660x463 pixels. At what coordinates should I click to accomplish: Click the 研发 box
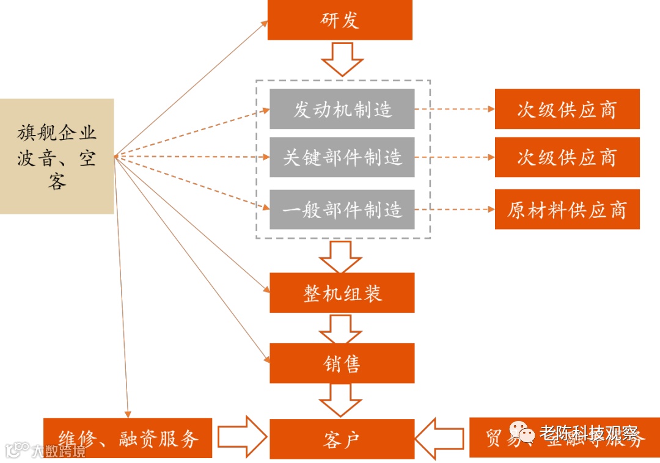[340, 20]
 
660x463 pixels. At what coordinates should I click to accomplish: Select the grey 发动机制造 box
[342, 109]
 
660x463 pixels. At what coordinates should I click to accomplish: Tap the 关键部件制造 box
[342, 157]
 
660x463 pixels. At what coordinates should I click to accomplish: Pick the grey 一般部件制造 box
[342, 210]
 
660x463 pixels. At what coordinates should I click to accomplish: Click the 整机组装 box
[342, 293]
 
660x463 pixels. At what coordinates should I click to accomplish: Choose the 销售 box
[342, 363]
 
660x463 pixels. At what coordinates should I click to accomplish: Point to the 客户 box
[342, 439]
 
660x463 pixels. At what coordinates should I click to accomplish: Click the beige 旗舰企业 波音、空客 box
[57, 156]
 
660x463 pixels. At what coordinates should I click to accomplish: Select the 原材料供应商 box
[566, 210]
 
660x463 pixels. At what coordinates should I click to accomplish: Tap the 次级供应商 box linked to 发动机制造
[566, 109]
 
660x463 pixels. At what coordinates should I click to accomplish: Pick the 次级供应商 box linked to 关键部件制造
[566, 157]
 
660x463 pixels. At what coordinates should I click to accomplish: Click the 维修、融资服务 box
[128, 438]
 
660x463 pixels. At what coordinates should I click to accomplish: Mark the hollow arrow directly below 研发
[342, 59]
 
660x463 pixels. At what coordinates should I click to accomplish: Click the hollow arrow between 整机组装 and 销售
[341, 329]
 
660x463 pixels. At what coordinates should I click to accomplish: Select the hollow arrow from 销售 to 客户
[341, 399]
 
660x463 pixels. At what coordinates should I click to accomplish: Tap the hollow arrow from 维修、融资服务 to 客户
[241, 437]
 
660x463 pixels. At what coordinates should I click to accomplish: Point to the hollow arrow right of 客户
[441, 437]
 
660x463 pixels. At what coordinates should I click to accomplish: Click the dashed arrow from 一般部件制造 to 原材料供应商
[454, 210]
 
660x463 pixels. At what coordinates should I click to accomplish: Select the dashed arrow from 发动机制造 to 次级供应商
[454, 109]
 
